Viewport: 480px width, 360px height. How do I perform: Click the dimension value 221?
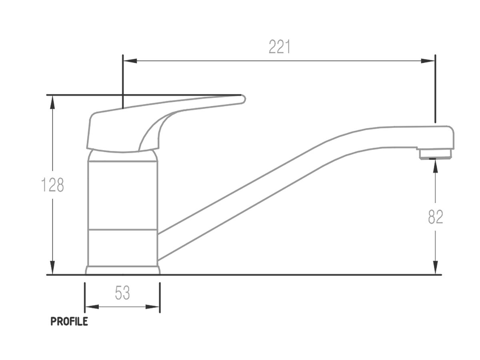(x=279, y=47)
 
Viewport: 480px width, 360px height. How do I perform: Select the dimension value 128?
(x=53, y=185)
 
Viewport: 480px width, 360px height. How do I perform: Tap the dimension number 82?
(x=436, y=217)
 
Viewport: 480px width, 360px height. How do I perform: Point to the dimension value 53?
(x=122, y=293)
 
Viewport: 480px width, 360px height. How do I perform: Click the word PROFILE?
(x=69, y=322)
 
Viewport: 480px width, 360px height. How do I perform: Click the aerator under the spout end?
(x=435, y=154)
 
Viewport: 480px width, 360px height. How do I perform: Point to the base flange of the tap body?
(x=122, y=270)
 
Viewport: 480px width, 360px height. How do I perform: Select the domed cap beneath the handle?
(x=122, y=156)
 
